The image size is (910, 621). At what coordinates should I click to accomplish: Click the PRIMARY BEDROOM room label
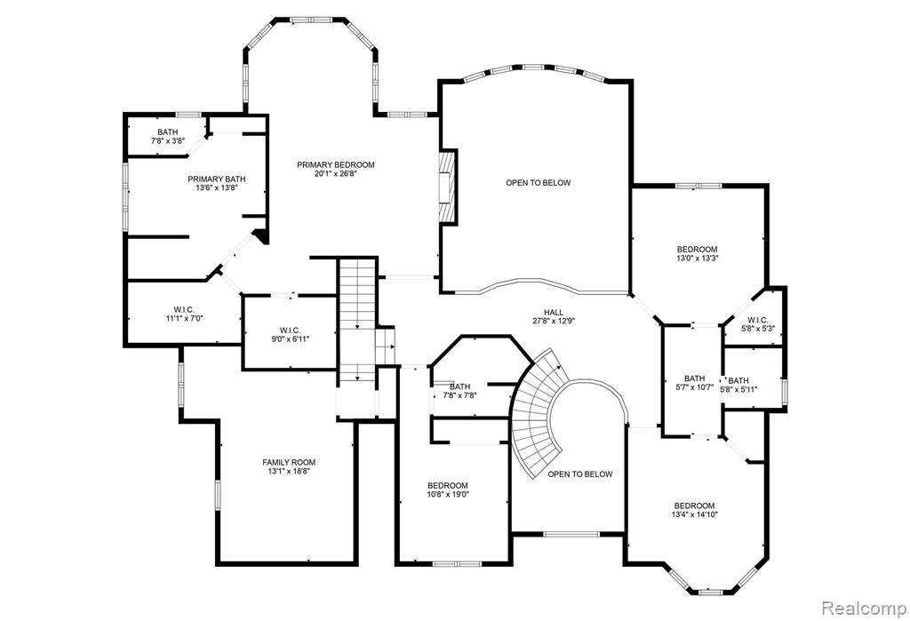tap(335, 165)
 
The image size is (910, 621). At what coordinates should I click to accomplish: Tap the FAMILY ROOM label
tap(289, 463)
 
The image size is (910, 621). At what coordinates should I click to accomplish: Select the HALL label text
tap(554, 312)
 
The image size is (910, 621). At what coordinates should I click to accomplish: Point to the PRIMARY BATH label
tap(217, 179)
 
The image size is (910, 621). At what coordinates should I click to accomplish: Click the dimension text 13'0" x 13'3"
tap(697, 259)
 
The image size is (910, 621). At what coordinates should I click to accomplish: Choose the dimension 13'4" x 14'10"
tap(695, 514)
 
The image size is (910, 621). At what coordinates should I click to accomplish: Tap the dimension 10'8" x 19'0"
tap(448, 495)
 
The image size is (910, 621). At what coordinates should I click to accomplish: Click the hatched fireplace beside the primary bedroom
tap(448, 187)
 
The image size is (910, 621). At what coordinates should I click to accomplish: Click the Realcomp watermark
tap(864, 609)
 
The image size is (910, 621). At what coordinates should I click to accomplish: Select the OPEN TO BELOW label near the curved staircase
tap(579, 474)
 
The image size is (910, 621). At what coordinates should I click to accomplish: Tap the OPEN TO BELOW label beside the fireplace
tap(538, 183)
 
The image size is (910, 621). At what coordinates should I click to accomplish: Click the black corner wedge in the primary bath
tap(261, 236)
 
